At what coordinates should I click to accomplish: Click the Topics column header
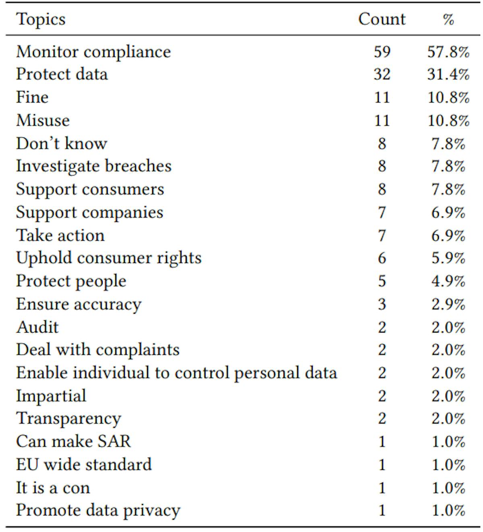click(x=41, y=19)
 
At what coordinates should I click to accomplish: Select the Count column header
click(x=382, y=19)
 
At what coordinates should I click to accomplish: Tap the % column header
click(x=448, y=19)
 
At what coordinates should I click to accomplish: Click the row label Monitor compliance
click(x=93, y=52)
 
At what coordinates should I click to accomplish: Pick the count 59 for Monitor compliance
click(x=382, y=52)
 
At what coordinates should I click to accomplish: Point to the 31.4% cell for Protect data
click(x=448, y=75)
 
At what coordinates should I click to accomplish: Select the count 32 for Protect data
click(x=382, y=75)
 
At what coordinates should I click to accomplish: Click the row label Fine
click(x=32, y=97)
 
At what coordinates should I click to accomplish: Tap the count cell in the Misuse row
click(x=382, y=120)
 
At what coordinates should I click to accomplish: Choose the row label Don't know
click(x=62, y=143)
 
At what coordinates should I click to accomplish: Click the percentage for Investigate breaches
click(x=448, y=166)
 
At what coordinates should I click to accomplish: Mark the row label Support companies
click(x=89, y=212)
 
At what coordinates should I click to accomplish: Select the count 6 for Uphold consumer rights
click(x=382, y=258)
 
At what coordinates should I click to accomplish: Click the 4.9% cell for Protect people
click(x=448, y=281)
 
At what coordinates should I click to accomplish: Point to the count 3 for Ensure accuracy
click(x=382, y=304)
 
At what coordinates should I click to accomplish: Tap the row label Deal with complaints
click(x=98, y=350)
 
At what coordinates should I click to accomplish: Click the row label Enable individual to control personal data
click(x=176, y=373)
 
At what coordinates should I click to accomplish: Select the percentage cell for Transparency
click(x=448, y=418)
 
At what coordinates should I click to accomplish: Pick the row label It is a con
click(x=53, y=488)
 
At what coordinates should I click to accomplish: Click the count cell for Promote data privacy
click(x=382, y=510)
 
